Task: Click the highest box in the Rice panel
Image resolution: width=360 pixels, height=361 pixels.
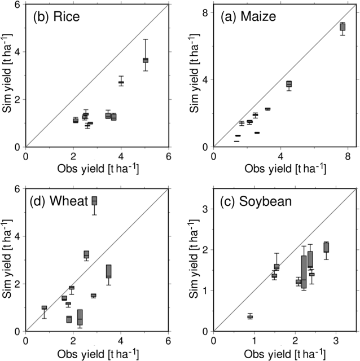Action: (145, 60)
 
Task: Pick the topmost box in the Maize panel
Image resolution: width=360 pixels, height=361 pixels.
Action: (343, 27)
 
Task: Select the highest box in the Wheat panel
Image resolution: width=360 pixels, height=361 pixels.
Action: (94, 200)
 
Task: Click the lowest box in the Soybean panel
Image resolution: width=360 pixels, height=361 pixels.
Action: (250, 317)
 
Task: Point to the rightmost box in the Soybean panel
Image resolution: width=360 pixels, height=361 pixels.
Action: (326, 247)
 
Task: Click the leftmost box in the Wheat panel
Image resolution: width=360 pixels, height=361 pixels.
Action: (44, 307)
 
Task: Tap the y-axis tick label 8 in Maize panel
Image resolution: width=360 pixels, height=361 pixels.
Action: (205, 12)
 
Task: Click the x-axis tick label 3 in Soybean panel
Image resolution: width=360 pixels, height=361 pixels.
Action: (336, 341)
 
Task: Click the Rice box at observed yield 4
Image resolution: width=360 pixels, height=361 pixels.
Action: (121, 82)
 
